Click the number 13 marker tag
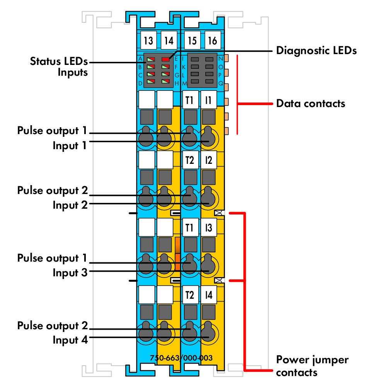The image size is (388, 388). tap(148, 40)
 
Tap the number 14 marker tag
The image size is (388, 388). tap(169, 40)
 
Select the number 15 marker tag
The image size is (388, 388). tap(192, 40)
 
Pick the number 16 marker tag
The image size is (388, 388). tap(213, 40)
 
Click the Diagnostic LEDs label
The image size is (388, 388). tap(316, 51)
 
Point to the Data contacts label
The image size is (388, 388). tap(311, 104)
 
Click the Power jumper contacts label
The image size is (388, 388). tap(312, 366)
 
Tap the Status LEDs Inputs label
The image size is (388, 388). tap(59, 67)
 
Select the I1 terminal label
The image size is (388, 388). tap(209, 100)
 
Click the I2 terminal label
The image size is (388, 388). tap(209, 160)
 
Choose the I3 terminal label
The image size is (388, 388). tap(209, 227)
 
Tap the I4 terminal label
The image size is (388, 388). tap(209, 295)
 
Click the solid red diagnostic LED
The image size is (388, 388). tap(165, 59)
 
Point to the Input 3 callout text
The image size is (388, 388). tap(70, 272)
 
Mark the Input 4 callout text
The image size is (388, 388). tap(70, 340)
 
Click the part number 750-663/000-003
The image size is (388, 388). tap(181, 358)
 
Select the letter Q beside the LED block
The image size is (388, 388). tap(221, 83)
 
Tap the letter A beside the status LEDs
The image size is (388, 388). tap(140, 59)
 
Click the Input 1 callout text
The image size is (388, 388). tap(70, 145)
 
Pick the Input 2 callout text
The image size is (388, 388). tap(70, 205)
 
